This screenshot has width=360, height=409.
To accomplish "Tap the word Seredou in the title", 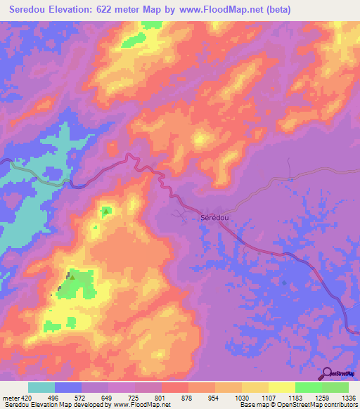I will [x=33, y=10].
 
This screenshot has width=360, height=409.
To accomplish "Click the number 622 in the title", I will [x=125, y=10].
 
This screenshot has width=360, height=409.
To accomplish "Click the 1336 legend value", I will [x=349, y=396].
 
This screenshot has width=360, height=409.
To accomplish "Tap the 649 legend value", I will [x=109, y=396].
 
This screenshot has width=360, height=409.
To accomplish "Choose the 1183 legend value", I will [x=296, y=396].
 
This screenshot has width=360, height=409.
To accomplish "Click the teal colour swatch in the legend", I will [x=41, y=387].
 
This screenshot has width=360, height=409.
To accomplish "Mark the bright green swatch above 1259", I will [x=309, y=387].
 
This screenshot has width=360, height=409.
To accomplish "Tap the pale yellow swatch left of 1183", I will [x=282, y=387].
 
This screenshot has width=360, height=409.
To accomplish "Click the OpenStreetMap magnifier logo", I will [x=326, y=373].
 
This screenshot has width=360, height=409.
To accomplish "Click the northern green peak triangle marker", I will [x=106, y=210].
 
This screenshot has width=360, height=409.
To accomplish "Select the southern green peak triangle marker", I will [x=72, y=278].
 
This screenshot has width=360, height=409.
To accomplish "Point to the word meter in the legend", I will [x=11, y=396].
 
